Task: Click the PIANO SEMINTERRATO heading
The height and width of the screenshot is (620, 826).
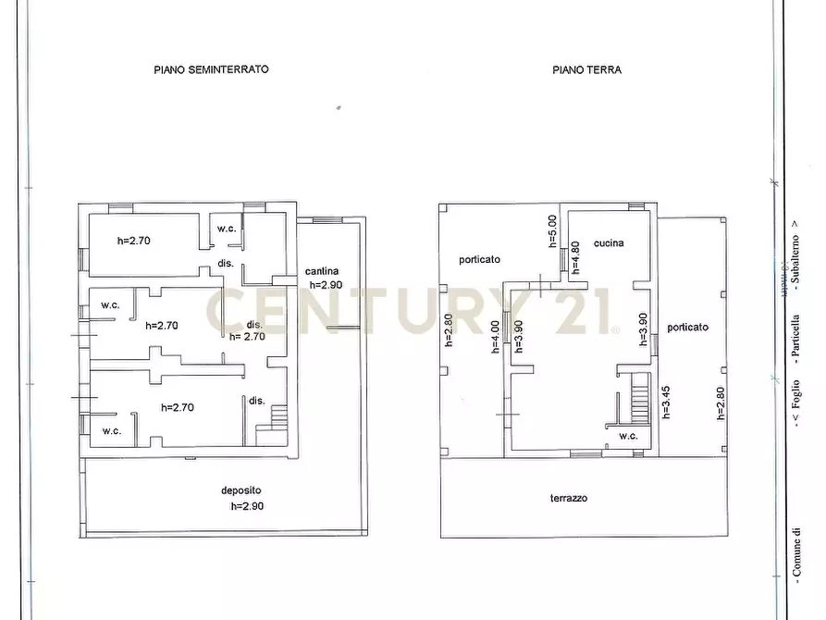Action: tap(211, 69)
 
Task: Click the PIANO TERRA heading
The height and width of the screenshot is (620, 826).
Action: tap(587, 69)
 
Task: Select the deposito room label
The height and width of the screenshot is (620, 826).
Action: tap(238, 490)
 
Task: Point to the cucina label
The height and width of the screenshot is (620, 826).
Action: tap(609, 243)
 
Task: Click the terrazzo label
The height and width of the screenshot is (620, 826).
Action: tap(568, 498)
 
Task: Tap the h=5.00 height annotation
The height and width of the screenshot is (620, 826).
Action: tap(552, 230)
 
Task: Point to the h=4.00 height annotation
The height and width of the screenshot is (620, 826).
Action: tap(495, 335)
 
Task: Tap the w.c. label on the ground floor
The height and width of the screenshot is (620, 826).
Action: tap(628, 436)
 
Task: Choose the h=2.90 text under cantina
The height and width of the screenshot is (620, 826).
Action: tap(326, 285)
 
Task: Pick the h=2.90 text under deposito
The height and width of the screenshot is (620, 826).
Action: tap(249, 506)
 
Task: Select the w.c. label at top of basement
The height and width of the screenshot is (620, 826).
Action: tap(226, 229)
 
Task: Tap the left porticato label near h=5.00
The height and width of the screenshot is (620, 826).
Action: tap(479, 260)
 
